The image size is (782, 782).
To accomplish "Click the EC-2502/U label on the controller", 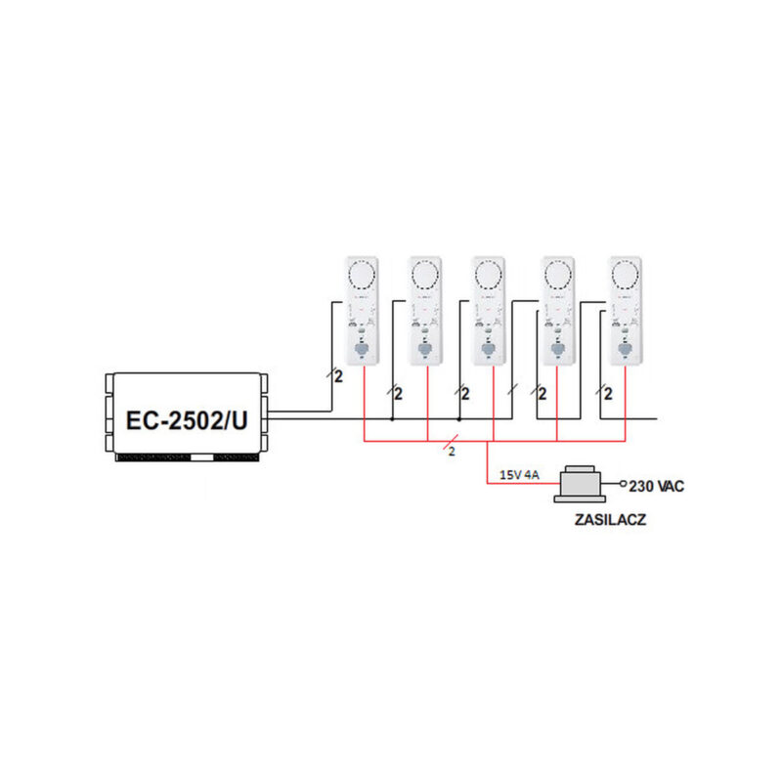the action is tap(187, 420).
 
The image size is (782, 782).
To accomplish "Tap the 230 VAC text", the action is tap(656, 486).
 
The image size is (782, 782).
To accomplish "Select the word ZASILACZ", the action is tap(610, 520).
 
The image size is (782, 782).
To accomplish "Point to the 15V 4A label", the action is tap(519, 475).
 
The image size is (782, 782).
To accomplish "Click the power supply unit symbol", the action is tap(580, 484).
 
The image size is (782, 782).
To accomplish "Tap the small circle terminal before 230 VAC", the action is tap(623, 483).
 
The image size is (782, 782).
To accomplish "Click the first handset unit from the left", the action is tap(363, 311).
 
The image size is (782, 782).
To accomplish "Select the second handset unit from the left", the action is tap(425, 311).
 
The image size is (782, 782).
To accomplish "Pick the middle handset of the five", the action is tap(489, 311).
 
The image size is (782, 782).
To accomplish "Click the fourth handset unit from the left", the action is tap(558, 311).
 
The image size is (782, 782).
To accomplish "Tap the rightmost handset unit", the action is tap(626, 311).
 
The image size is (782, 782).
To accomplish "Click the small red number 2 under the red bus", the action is tap(452, 452).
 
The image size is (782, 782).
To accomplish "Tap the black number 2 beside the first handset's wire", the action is tap(338, 376).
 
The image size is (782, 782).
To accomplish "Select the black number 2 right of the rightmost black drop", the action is tap(608, 394).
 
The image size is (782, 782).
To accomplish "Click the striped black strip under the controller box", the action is tap(188, 457).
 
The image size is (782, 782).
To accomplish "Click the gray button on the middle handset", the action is tap(488, 349).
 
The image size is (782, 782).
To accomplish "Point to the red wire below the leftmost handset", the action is tap(364, 404).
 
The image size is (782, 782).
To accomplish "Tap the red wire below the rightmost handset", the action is tap(626, 404).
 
